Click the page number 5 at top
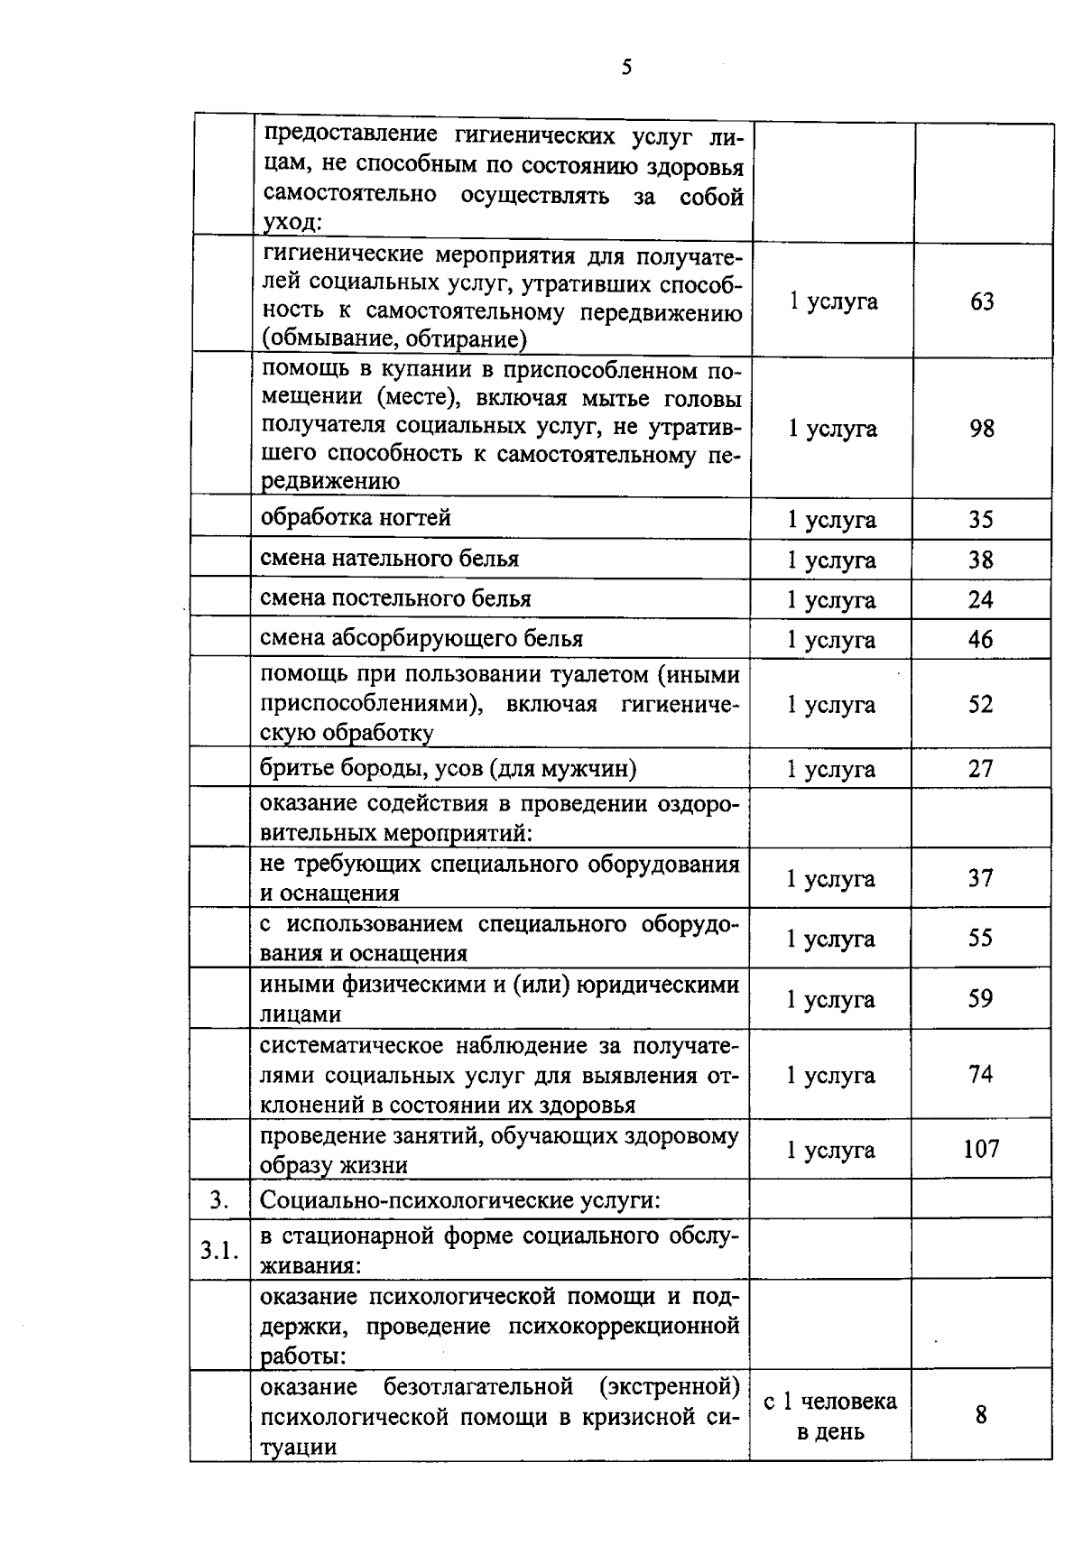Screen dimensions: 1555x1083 (626, 67)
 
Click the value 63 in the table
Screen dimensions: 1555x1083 (982, 301)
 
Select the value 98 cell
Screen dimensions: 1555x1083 (982, 429)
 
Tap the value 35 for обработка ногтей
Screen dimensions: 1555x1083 (981, 520)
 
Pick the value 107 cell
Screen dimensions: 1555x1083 (981, 1149)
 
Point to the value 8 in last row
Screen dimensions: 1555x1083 (981, 1415)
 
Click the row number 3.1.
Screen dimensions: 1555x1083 (219, 1251)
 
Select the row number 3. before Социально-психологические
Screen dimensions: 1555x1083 (218, 1200)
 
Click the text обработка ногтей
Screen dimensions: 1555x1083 (356, 518)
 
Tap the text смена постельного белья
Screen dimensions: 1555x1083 (395, 598)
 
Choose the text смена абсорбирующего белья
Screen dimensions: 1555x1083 (421, 639)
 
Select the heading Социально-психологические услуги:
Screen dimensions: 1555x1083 (460, 1200)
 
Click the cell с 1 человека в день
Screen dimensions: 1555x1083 (830, 1415)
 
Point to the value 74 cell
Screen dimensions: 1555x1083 (981, 1074)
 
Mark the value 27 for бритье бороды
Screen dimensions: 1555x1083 (981, 769)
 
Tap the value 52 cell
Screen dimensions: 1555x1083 (981, 705)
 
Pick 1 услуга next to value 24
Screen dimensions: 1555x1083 (830, 600)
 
